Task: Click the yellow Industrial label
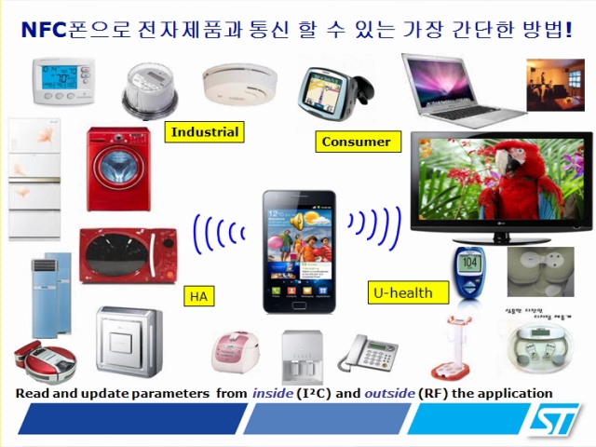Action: coord(204,132)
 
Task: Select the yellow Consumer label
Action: coord(356,142)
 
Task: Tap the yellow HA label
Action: coord(198,297)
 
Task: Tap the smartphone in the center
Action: coord(297,251)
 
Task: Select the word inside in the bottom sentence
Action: coord(274,393)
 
